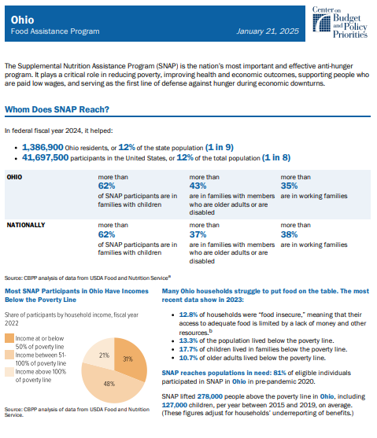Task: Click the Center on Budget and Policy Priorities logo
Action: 340,22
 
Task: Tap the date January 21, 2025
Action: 268,31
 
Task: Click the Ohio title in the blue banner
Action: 22,20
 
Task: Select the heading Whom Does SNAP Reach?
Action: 57,109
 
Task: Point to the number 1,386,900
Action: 43,147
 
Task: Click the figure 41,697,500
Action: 46,157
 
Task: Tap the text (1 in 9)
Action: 220,147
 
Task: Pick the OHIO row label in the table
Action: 14,177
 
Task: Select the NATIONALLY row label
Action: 26,225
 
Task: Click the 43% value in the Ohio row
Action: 198,186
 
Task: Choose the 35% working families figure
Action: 289,186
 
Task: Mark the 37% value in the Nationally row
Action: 198,234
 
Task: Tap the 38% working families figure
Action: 289,234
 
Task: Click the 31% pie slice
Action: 128,358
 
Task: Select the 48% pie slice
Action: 110,384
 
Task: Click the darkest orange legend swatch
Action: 9,338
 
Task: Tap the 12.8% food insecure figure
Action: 188,315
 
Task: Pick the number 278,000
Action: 210,396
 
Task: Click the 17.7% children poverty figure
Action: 188,349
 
